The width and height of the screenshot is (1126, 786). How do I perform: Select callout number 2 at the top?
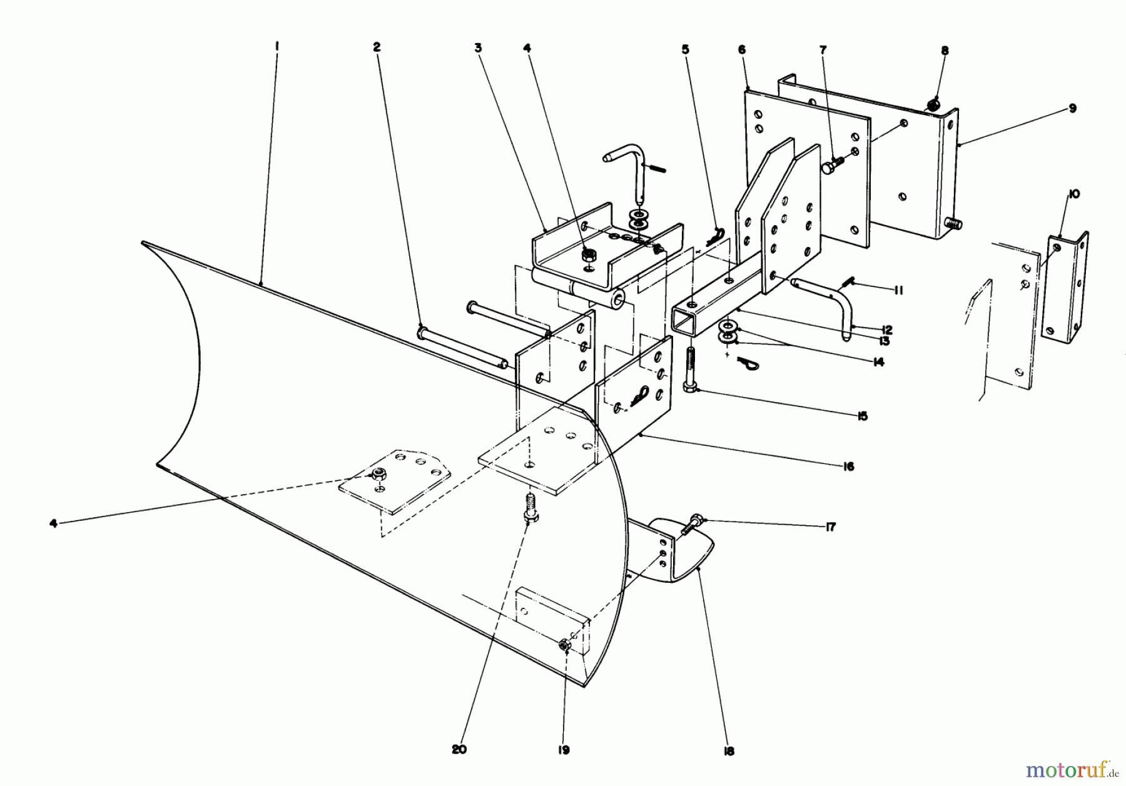(377, 46)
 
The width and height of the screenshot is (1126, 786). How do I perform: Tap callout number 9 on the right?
(1072, 108)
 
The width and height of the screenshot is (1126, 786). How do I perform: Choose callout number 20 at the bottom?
(459, 750)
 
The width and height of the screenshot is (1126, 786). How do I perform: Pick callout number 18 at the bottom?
(729, 751)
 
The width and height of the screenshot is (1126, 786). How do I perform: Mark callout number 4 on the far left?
(54, 523)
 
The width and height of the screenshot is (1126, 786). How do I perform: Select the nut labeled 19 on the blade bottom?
(564, 644)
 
